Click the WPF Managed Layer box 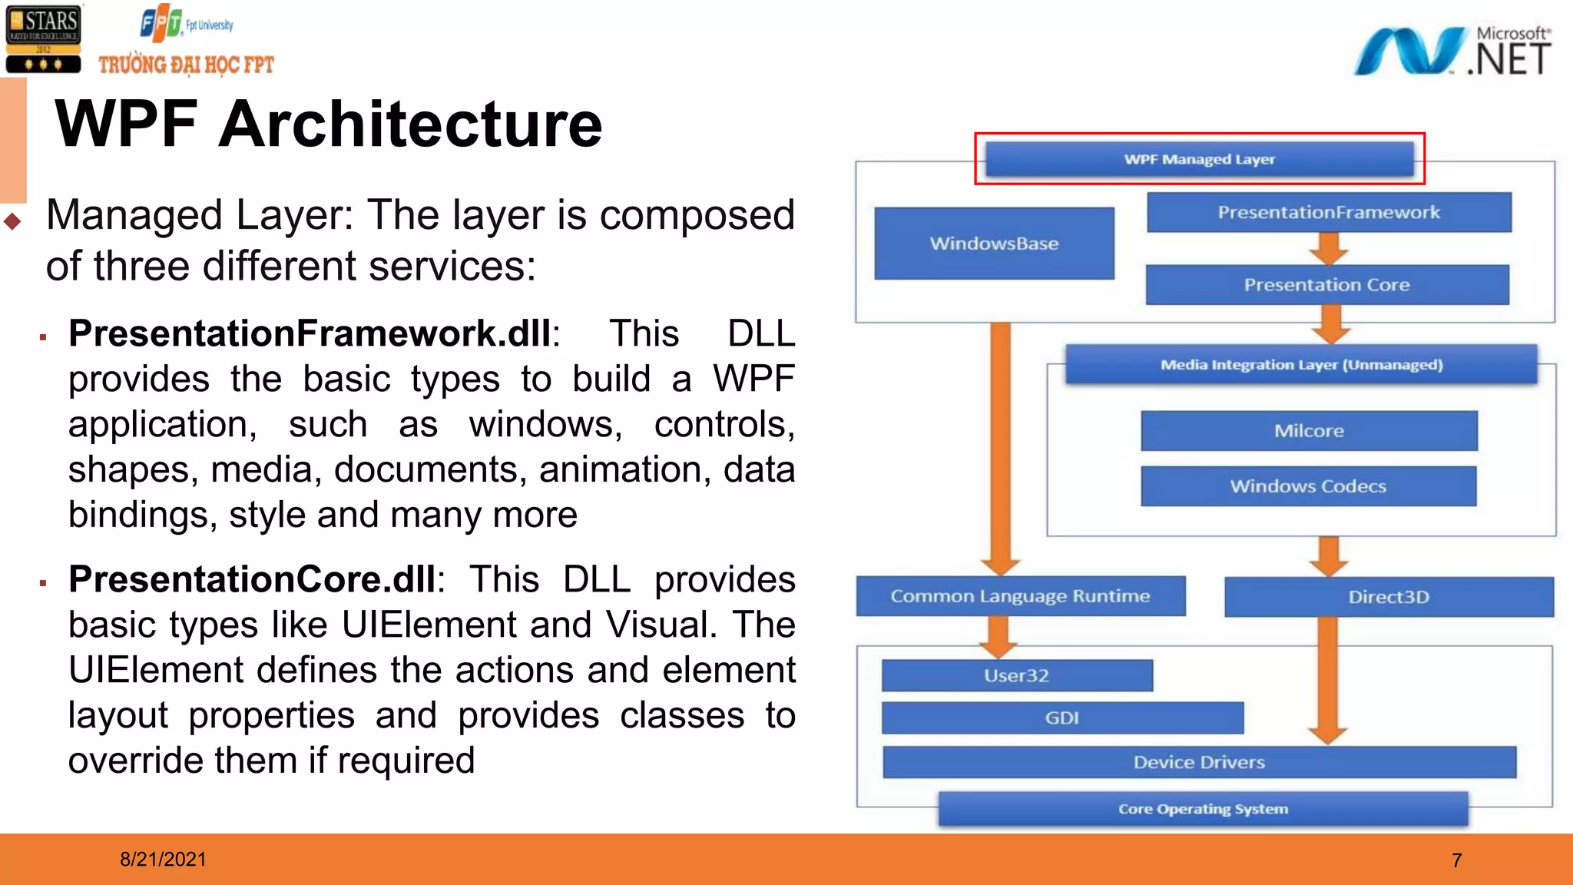(1199, 159)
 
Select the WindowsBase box (994, 244)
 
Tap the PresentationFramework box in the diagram (1329, 212)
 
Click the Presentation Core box (1326, 285)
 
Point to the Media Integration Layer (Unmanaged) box (1301, 365)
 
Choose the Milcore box (1309, 431)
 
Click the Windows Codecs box (1308, 486)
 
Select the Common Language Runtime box (1020, 596)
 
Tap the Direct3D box (1389, 597)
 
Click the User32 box (1016, 675)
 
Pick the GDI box (1061, 718)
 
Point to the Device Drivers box (1198, 762)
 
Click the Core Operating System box (1203, 809)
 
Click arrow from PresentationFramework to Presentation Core (1329, 248)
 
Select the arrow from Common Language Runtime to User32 (998, 637)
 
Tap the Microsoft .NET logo (1452, 51)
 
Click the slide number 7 (1456, 860)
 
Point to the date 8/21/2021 (163, 860)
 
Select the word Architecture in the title (411, 124)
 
